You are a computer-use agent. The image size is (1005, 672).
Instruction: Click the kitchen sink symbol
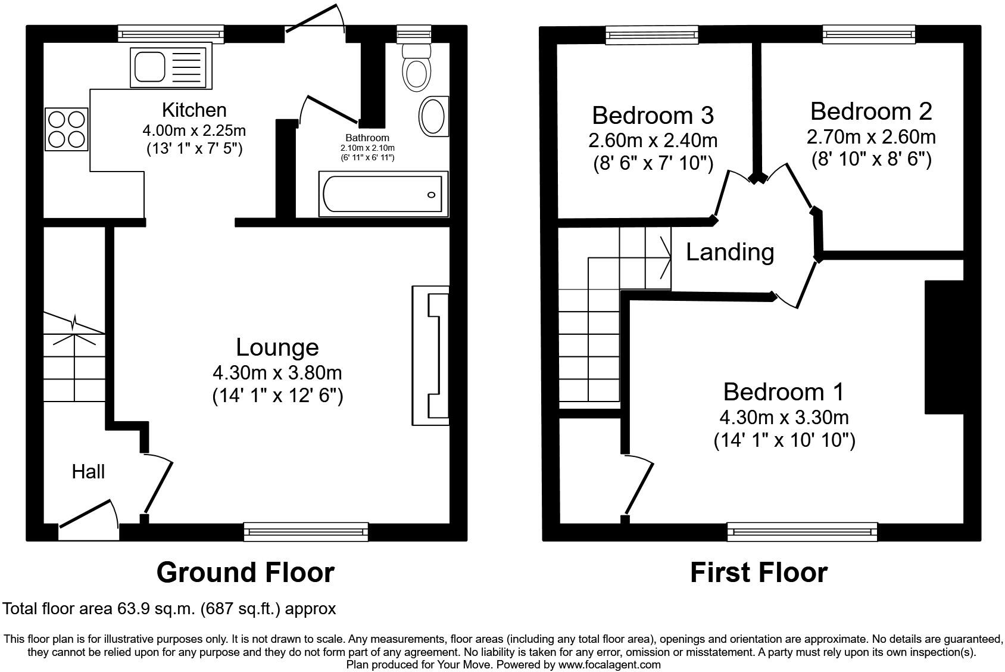click(170, 66)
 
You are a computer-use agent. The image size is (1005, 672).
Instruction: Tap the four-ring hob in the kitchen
click(67, 129)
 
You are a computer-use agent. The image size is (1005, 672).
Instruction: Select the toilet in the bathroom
click(416, 67)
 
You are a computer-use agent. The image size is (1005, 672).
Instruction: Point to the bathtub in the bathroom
click(383, 194)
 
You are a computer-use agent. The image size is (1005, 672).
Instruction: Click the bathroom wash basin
click(433, 117)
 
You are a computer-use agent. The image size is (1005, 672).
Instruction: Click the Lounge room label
click(277, 347)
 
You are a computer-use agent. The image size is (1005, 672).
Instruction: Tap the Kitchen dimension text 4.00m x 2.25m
click(194, 130)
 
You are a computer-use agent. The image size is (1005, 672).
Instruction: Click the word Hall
click(88, 472)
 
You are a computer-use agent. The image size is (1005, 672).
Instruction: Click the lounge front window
click(306, 531)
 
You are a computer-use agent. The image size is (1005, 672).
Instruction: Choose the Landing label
click(730, 252)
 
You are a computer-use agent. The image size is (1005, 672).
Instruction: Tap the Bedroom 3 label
click(653, 115)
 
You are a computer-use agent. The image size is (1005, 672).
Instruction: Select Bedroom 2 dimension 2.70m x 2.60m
click(871, 137)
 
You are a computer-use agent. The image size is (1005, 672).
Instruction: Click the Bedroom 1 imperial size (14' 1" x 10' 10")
click(784, 441)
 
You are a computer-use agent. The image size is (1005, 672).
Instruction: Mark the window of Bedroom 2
click(869, 35)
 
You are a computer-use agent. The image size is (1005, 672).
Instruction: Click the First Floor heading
click(759, 573)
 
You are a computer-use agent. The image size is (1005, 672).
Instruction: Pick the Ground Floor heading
click(245, 573)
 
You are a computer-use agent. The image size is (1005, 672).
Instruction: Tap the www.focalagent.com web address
click(609, 664)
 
